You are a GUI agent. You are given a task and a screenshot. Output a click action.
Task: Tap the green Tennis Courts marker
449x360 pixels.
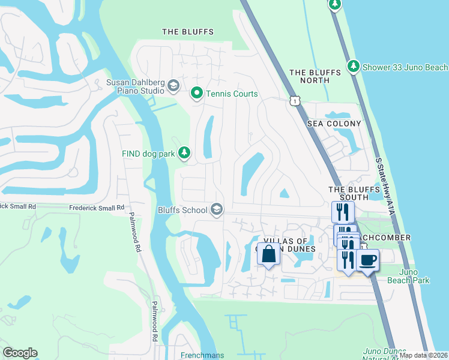[196, 94]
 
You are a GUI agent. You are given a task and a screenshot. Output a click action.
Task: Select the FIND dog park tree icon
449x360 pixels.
[185, 154]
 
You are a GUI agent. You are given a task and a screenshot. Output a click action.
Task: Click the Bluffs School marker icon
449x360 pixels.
[217, 209]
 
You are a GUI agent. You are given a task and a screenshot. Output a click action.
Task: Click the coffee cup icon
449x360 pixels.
[367, 260]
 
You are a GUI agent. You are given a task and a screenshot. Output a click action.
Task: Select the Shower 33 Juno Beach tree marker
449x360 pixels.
[354, 67]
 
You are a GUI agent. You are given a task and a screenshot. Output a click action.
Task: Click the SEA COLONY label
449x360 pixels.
[334, 124]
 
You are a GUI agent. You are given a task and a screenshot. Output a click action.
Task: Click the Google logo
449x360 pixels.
[20, 353]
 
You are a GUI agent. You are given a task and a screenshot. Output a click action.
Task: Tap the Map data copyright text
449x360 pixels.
[423, 355]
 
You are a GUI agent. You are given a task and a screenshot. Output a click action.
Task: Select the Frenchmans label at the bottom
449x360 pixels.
[202, 355]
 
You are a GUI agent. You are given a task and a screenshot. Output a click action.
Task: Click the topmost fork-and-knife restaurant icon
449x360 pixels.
[343, 211]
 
